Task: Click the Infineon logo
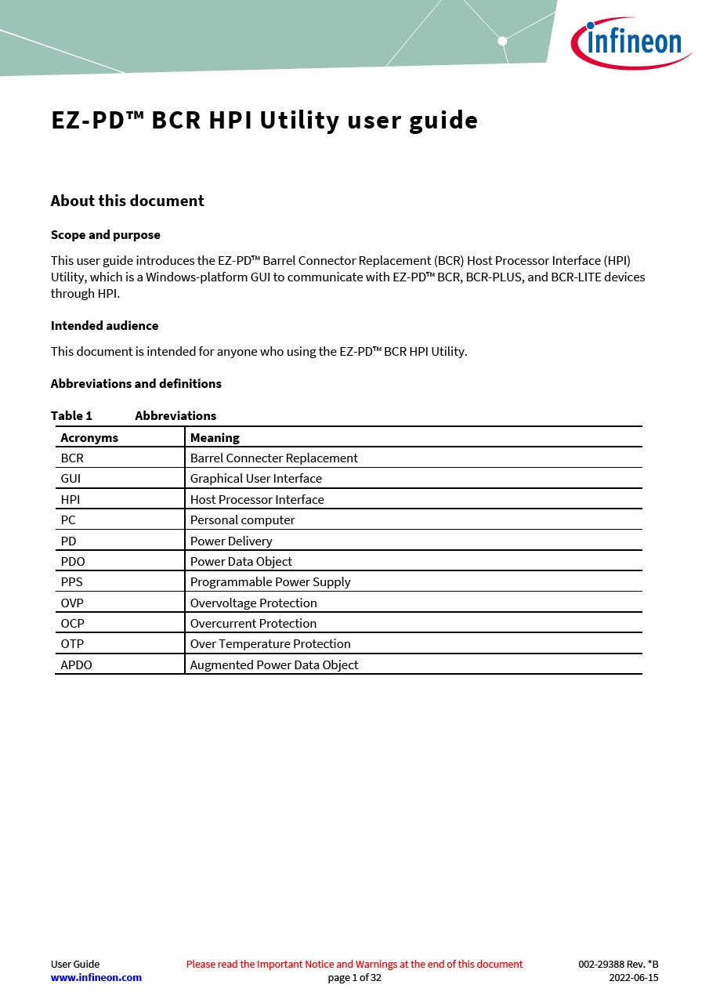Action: coord(631,42)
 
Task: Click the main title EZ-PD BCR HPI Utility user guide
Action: coord(264,121)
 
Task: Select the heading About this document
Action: coord(127,201)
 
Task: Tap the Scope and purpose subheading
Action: coord(105,235)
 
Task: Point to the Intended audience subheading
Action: coord(104,326)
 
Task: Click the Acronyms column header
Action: coord(89,438)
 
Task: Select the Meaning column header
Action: coord(215,438)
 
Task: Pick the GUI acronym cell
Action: coord(71,479)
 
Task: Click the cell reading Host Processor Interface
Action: coord(257,500)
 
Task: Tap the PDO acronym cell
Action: coord(73,562)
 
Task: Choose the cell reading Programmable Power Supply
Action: coord(270,582)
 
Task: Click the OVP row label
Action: coord(72,603)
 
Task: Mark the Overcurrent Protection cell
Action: coord(253,624)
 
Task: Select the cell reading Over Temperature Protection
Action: coord(270,644)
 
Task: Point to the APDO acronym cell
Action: coord(76,665)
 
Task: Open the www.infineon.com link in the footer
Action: coord(96,978)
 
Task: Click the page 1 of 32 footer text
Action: coord(354,978)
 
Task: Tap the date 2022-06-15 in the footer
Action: coord(633,978)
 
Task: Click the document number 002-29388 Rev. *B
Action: coord(618,965)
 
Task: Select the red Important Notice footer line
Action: coord(354,965)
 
